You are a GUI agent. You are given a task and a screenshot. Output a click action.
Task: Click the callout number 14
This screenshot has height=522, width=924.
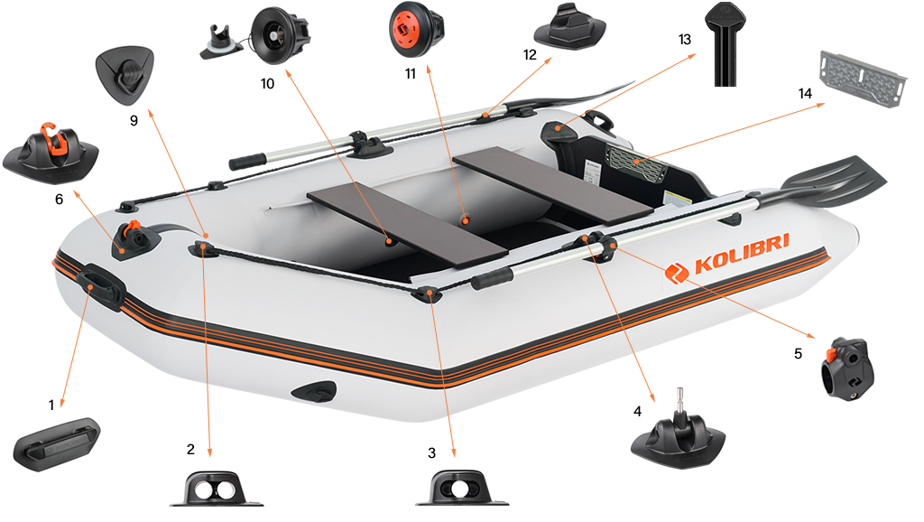click(805, 94)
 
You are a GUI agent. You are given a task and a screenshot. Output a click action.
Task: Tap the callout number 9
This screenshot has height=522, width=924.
click(134, 120)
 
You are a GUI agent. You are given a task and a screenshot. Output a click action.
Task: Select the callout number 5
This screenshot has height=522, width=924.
click(798, 353)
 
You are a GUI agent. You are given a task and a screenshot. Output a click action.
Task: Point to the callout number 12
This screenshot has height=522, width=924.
click(530, 55)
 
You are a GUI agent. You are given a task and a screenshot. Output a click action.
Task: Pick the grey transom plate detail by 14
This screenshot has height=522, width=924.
click(862, 79)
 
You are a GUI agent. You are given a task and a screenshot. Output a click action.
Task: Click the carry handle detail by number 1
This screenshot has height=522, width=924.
click(57, 444)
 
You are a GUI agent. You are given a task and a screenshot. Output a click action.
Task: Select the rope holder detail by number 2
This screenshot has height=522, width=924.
click(217, 489)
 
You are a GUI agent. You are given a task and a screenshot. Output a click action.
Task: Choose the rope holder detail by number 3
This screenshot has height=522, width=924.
click(462, 489)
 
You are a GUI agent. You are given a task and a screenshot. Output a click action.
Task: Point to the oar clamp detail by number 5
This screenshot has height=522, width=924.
click(847, 368)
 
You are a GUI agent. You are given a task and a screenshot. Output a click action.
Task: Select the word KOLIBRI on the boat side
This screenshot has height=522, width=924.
click(742, 254)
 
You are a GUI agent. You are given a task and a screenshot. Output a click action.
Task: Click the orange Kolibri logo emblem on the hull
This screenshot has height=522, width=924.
click(677, 273)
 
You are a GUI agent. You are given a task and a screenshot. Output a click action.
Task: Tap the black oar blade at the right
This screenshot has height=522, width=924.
click(832, 182)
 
